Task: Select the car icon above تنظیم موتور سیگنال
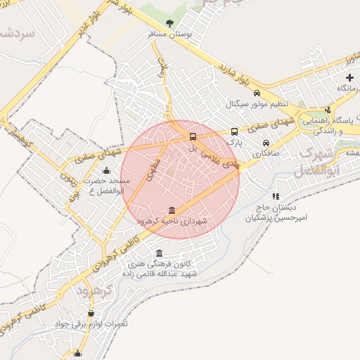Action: click(x=257, y=94)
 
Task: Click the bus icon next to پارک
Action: click(x=234, y=131)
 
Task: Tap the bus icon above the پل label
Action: click(x=193, y=136)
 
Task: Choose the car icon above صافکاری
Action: click(x=266, y=143)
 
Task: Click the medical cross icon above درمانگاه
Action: click(x=349, y=77)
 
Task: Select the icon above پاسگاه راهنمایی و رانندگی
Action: click(x=328, y=109)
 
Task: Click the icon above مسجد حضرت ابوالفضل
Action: click(x=106, y=169)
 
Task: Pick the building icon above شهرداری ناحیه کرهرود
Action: click(x=173, y=210)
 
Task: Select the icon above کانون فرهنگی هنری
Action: click(x=160, y=253)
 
